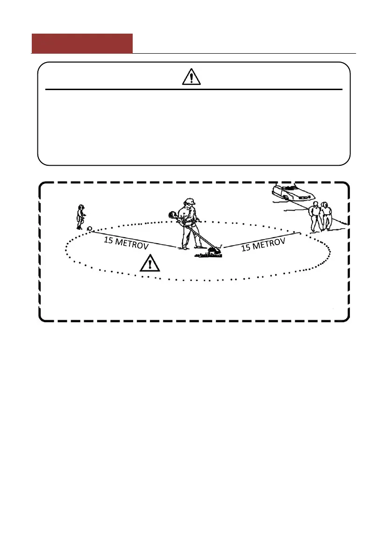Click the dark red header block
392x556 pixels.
pyautogui.click(x=82, y=43)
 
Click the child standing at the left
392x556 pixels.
pyautogui.click(x=81, y=217)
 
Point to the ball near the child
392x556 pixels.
pyautogui.click(x=89, y=228)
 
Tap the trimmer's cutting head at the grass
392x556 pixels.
pyautogui.click(x=214, y=250)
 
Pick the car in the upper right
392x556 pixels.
pyautogui.click(x=292, y=192)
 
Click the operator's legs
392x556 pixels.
pyautogui.click(x=190, y=238)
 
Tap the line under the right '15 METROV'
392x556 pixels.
pyautogui.click(x=262, y=239)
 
